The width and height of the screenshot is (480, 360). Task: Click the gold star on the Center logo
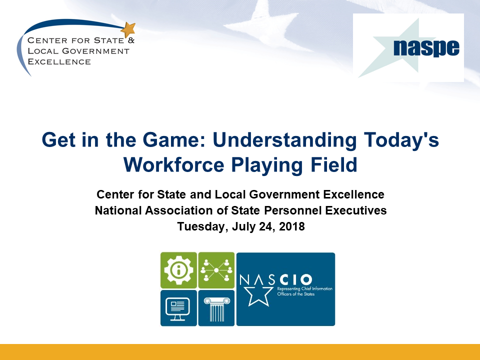tap(128, 29)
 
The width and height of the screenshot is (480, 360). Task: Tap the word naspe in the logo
tap(426, 48)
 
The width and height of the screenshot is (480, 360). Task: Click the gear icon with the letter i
tap(179, 270)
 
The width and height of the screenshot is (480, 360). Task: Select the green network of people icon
tap(216, 270)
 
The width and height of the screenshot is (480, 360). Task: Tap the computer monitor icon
tap(178, 309)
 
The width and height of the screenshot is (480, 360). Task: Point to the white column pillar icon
tap(216, 309)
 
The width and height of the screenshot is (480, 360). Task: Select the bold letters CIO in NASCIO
tap(295, 279)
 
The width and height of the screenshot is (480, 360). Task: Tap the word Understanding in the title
tap(284, 140)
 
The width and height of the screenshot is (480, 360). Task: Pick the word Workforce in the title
tap(174, 165)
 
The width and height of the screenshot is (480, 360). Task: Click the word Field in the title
tap(334, 164)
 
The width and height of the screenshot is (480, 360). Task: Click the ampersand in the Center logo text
tap(131, 40)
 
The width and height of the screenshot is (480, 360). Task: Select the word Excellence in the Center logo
tap(59, 61)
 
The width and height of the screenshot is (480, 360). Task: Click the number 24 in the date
tap(265, 226)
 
